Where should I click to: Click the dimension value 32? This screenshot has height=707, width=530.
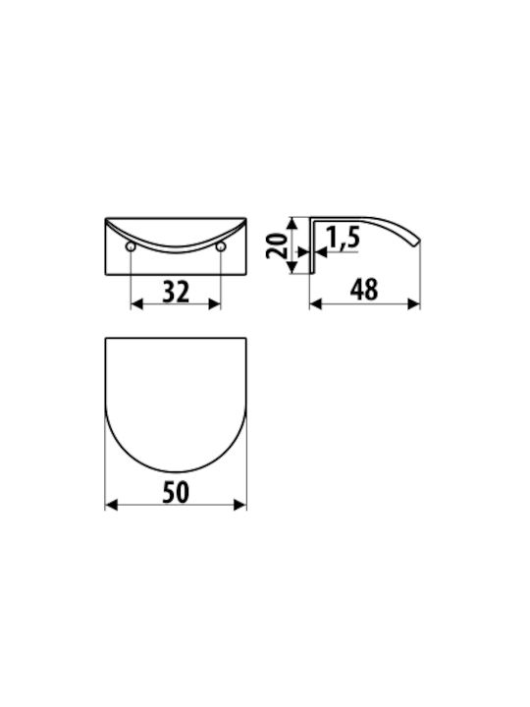pos(176,292)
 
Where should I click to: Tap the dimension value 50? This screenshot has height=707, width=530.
pos(176,492)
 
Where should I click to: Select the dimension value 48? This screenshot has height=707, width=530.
pos(364,290)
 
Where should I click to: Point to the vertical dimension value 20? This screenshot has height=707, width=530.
pos(277,245)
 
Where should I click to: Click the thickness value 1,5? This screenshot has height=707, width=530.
pos(344,238)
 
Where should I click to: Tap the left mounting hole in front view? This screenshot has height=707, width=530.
pos(131,246)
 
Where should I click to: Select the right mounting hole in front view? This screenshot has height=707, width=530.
pos(221,246)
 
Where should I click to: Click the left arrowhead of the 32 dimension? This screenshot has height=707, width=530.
pos(136,304)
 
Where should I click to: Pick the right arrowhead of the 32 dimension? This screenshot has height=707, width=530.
pos(215,304)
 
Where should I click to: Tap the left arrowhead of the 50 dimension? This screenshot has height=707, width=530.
pos(111,505)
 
